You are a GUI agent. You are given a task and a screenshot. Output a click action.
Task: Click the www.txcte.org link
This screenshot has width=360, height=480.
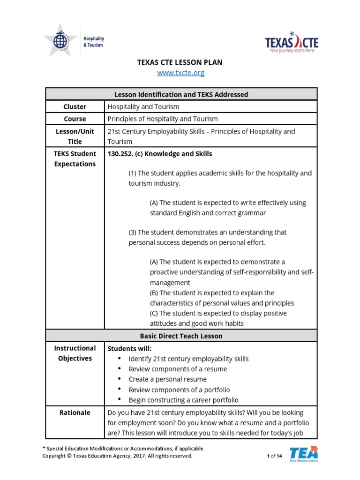[180, 73]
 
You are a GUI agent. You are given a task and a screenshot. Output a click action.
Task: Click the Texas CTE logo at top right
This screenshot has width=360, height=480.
[292, 43]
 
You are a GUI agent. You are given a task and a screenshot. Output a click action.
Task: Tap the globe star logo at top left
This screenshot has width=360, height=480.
[60, 41]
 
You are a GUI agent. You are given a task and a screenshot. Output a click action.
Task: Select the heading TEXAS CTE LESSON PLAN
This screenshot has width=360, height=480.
[180, 62]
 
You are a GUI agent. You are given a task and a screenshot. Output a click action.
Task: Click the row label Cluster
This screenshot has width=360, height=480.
[75, 107]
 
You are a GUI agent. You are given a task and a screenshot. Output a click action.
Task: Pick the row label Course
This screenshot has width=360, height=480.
[75, 119]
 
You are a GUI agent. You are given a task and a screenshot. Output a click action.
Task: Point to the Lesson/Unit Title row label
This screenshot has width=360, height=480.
[75, 136]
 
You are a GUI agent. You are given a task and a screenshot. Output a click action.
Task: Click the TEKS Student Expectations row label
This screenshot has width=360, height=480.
[75, 159]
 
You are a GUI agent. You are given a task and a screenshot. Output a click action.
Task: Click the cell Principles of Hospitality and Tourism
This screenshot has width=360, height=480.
[163, 119]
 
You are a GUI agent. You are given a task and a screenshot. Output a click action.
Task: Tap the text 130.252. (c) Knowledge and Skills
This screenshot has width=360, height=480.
[160, 154]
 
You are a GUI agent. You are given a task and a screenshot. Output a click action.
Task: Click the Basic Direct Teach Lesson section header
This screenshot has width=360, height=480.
[181, 336]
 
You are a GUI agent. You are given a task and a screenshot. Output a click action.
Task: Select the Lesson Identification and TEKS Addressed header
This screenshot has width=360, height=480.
[181, 94]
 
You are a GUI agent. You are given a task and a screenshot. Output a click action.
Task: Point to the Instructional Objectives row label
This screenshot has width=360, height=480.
[75, 353]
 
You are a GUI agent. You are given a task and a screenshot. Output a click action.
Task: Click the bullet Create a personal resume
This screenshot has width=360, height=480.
[167, 379]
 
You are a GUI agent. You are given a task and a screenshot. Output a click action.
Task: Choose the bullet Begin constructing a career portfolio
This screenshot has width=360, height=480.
[183, 400]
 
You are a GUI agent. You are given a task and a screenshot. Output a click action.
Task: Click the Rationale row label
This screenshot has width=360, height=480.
[75, 413]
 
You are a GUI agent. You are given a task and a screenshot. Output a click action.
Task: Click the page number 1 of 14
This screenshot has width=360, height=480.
[274, 456]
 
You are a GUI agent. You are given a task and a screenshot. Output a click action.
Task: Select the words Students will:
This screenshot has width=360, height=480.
[130, 348]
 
